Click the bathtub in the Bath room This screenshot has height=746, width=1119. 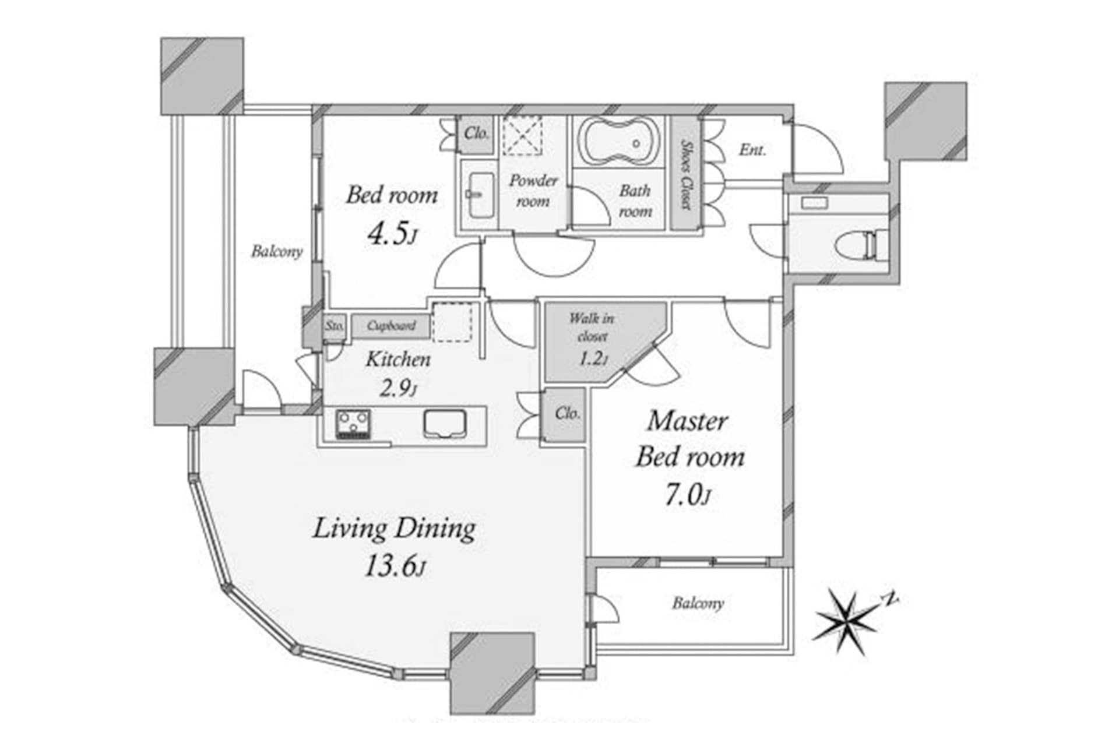click(x=618, y=142)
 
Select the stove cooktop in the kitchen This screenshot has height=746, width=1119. click(x=353, y=424)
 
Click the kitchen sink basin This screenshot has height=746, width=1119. click(x=445, y=423)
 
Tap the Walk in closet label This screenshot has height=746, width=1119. click(x=592, y=327)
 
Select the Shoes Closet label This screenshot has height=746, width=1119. click(x=686, y=174)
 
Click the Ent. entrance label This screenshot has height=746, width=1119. click(x=752, y=150)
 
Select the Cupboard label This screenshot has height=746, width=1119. click(x=391, y=326)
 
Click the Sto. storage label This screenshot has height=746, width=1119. click(x=335, y=326)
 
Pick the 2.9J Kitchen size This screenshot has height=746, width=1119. click(x=399, y=388)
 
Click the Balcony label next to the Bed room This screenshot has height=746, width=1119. click(x=277, y=251)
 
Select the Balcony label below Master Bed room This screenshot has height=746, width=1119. click(x=698, y=603)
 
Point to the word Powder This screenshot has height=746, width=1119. click(x=533, y=181)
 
